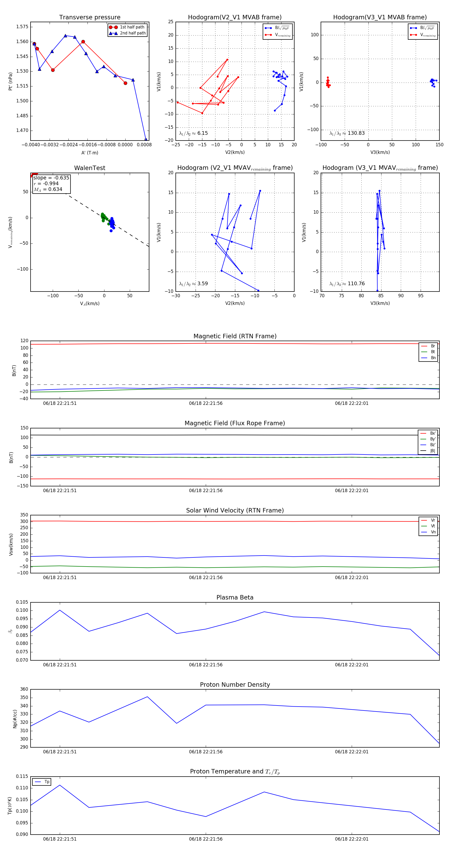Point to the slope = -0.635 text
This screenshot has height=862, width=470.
(51, 178)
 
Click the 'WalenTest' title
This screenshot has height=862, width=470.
(90, 168)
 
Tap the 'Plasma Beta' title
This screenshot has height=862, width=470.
(235, 597)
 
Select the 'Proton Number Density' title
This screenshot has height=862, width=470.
(235, 685)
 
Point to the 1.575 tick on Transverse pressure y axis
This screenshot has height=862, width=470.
(22, 27)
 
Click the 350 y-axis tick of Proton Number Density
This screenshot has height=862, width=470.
(24, 698)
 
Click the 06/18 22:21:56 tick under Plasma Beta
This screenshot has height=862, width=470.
(206, 665)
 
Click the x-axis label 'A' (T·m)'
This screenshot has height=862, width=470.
(90, 153)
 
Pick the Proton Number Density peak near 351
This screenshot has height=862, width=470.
(148, 697)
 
